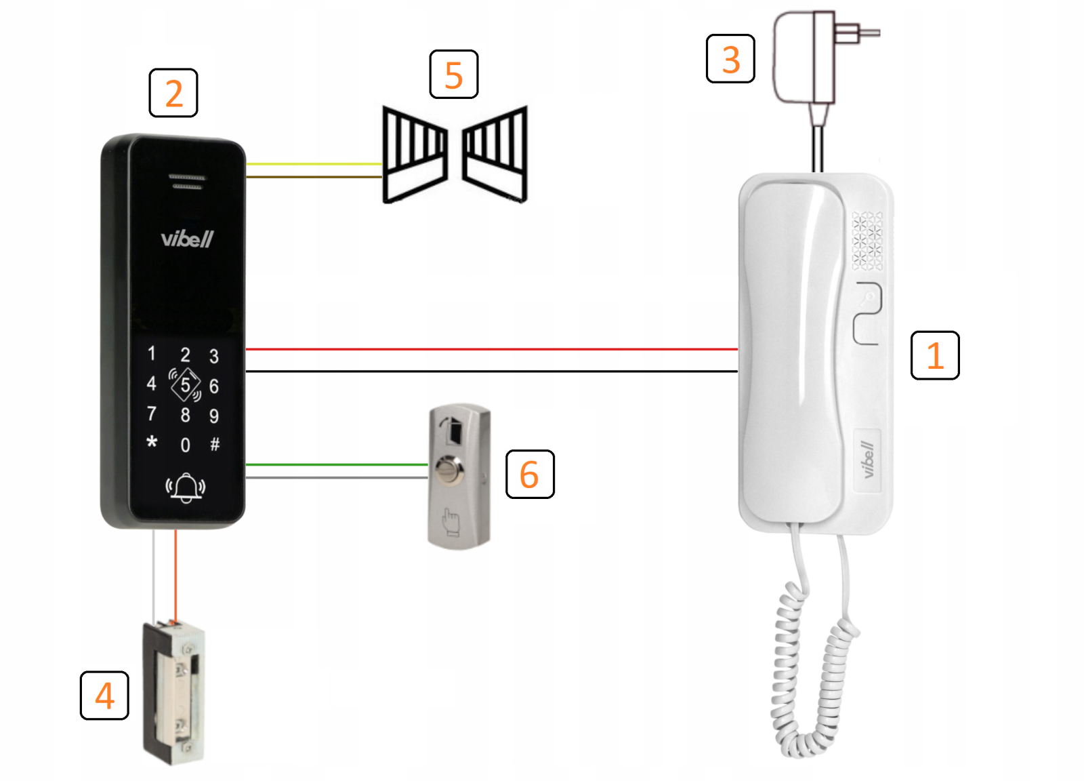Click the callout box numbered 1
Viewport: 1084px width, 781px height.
(935, 355)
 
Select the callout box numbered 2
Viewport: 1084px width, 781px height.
(173, 93)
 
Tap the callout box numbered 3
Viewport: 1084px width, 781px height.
(730, 59)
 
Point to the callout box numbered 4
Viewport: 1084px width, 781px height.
(104, 696)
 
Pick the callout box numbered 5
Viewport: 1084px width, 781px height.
(454, 75)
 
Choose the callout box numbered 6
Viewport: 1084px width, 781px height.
(530, 475)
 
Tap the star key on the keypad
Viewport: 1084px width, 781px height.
(152, 443)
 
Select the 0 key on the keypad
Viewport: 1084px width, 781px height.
(185, 445)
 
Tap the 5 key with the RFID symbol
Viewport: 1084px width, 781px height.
(185, 385)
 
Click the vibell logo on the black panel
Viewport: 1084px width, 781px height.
(187, 239)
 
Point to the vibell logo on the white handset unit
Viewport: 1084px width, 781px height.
(867, 459)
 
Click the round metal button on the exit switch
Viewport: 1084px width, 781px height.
(448, 468)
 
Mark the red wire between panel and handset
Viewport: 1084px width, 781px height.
(491, 349)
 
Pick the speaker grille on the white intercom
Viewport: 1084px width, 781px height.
(867, 241)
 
